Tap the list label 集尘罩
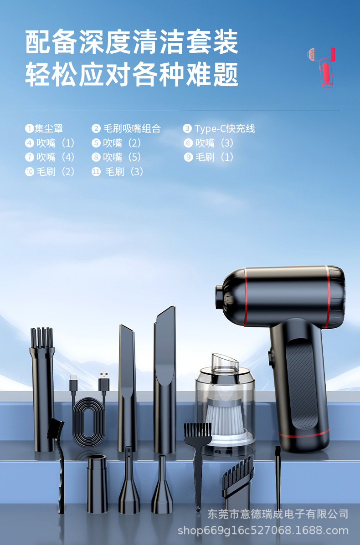coord(49,128)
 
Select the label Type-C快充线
coord(225,128)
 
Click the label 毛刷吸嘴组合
coord(132,128)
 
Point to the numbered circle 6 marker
coord(188,143)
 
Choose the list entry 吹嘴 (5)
coord(122,157)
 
